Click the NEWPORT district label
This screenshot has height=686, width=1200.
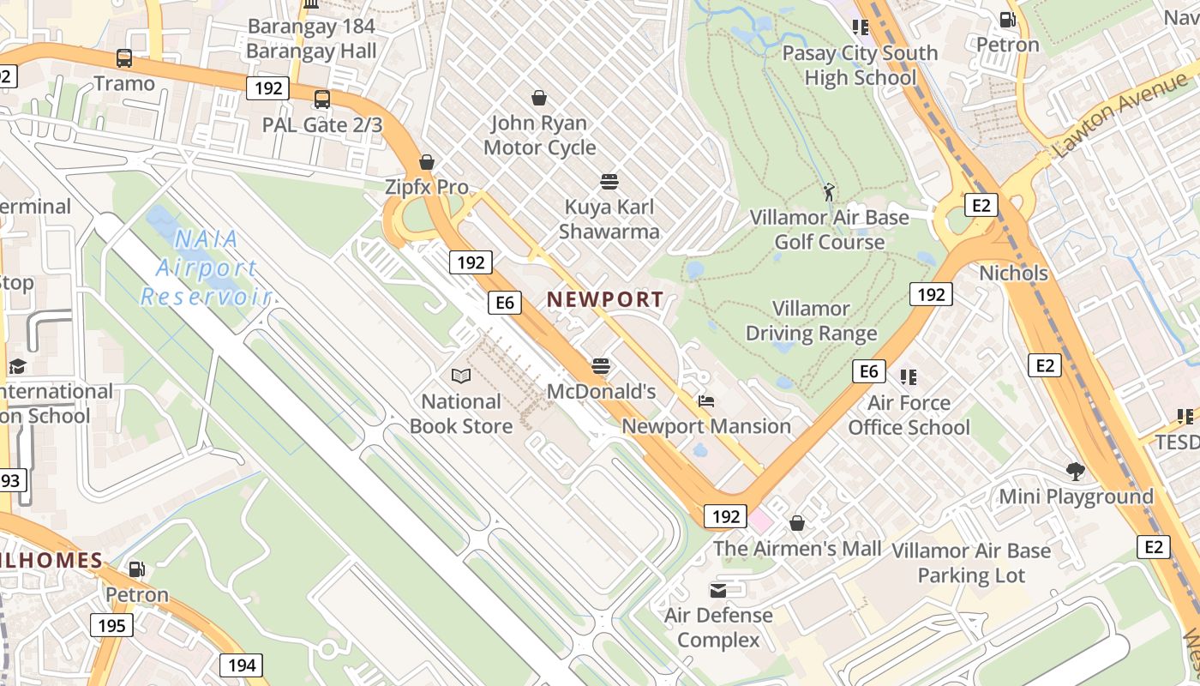pyautogui.click(x=605, y=299)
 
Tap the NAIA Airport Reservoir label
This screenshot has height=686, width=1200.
pyautogui.click(x=206, y=268)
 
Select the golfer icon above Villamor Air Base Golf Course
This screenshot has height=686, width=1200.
pyautogui.click(x=828, y=192)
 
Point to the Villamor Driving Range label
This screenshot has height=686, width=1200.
pyautogui.click(x=811, y=321)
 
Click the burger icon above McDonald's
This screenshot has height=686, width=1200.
pyautogui.click(x=601, y=366)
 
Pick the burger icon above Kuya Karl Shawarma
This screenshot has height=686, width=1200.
pyautogui.click(x=609, y=182)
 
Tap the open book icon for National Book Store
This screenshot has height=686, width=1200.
pyautogui.click(x=461, y=376)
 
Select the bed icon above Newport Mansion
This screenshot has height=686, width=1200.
pyautogui.click(x=705, y=400)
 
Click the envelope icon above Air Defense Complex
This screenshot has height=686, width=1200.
pyautogui.click(x=718, y=590)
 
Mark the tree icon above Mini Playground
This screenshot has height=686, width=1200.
pyautogui.click(x=1075, y=471)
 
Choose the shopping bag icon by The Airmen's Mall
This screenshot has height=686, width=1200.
pyautogui.click(x=797, y=522)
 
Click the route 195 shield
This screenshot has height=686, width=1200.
pyautogui.click(x=111, y=625)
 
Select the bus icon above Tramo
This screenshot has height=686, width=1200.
pyautogui.click(x=124, y=58)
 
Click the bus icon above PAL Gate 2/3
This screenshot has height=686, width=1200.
pyautogui.click(x=322, y=99)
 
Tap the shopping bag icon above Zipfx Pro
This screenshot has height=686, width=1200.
pyautogui.click(x=427, y=162)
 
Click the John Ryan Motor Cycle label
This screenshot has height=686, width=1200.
pyautogui.click(x=539, y=135)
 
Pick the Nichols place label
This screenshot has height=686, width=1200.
pyautogui.click(x=1014, y=274)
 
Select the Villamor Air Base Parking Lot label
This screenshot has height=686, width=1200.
pyautogui.click(x=971, y=563)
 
